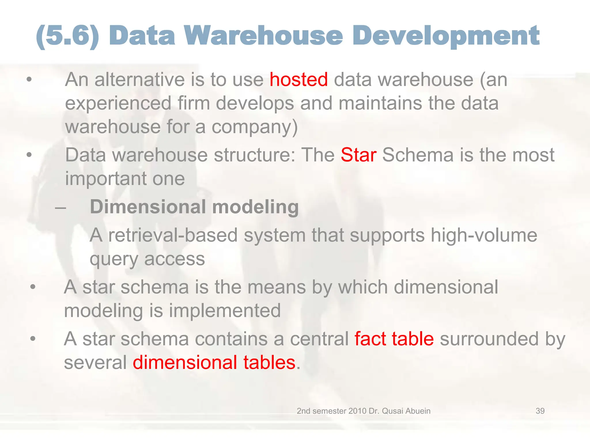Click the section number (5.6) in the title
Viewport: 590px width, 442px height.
(67, 36)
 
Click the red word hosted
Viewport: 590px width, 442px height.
(298, 79)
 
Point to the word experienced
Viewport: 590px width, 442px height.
(118, 104)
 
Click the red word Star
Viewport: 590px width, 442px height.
(358, 155)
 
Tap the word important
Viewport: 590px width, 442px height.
(105, 179)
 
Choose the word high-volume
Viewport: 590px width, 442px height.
(484, 235)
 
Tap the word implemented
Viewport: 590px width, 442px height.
(225, 311)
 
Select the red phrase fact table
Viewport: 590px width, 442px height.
(394, 339)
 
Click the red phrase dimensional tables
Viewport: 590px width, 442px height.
(214, 362)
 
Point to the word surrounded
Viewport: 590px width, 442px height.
(489, 339)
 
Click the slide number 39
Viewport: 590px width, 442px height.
(540, 411)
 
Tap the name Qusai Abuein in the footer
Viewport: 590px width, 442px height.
(406, 411)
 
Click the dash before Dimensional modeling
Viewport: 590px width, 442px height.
(60, 207)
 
